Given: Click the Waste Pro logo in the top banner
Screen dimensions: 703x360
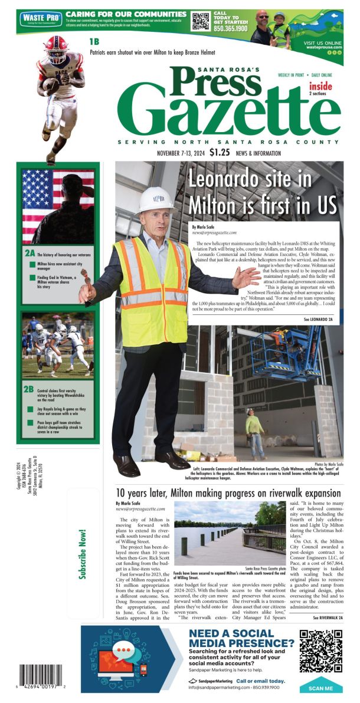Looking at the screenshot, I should pos(41,19).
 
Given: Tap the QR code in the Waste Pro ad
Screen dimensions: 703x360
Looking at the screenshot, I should pos(201,21).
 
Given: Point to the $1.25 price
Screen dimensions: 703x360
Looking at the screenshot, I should pos(219,152).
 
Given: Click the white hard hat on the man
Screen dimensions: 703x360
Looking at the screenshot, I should pos(156,199).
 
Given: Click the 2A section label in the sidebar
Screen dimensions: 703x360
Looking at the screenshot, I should pos(30,252).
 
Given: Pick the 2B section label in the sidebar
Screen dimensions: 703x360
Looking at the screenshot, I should pos(29,390).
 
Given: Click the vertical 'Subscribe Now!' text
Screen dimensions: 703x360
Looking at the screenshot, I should pos(83,554).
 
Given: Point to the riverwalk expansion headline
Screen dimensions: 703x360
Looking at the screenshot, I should pos(228,492).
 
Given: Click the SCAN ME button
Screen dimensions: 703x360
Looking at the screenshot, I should pos(320,688).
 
